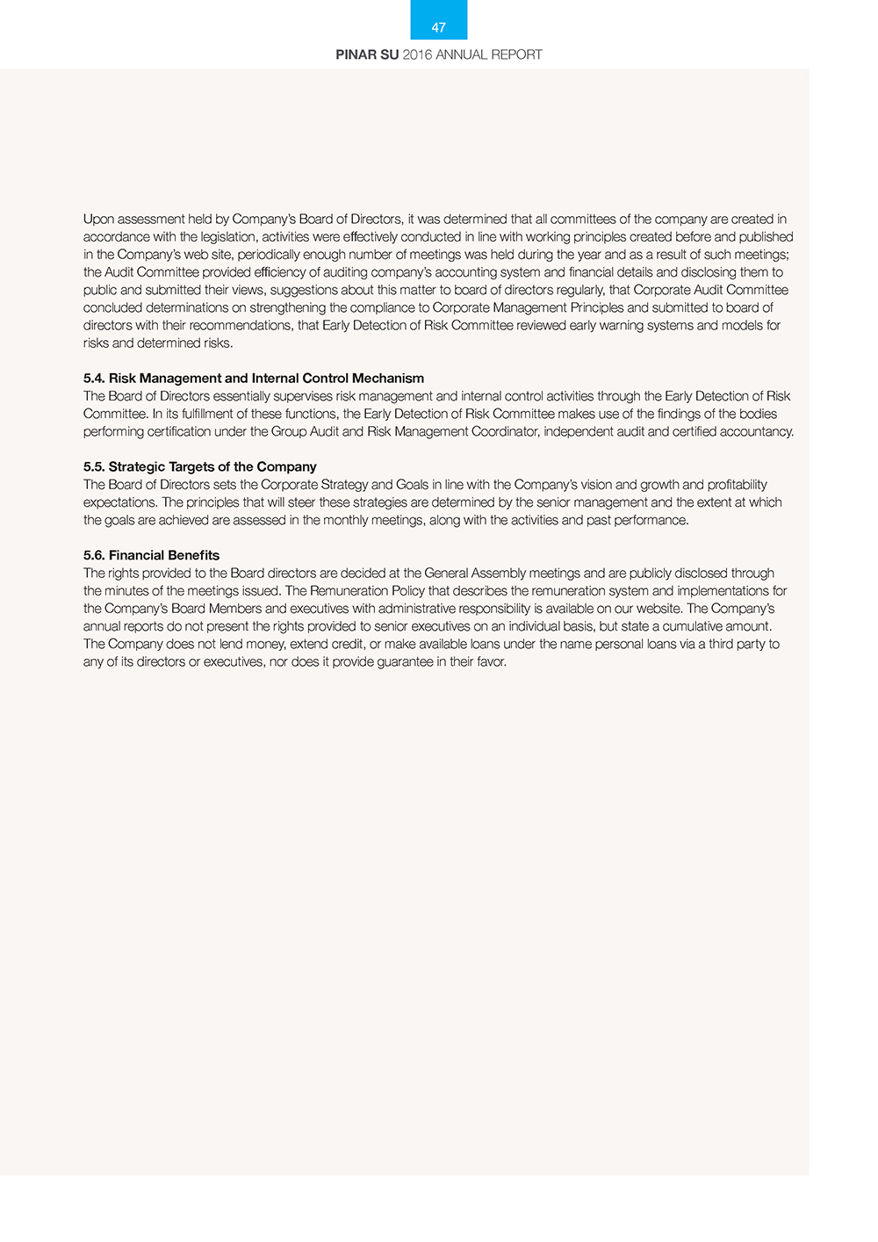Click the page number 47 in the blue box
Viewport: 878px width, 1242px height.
click(x=439, y=27)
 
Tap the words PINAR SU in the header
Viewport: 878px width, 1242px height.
click(x=367, y=54)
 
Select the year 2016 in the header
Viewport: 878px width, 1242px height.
click(x=417, y=54)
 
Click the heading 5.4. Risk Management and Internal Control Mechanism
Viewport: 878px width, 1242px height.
click(x=254, y=378)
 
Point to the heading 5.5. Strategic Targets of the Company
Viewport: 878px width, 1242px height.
click(x=200, y=466)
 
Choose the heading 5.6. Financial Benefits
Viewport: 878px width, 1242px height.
click(x=151, y=555)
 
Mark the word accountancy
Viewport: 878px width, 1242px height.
click(x=756, y=431)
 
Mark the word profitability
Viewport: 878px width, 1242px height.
click(x=738, y=484)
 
